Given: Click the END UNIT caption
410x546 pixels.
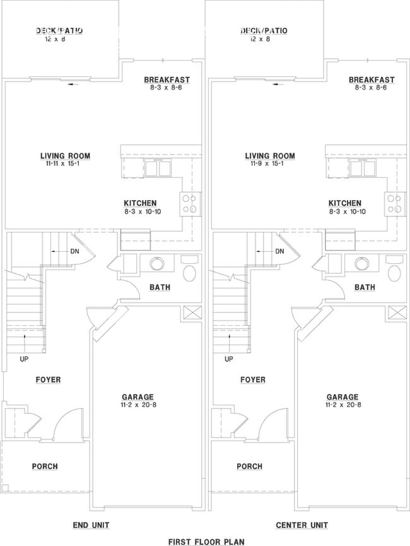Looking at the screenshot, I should click(92, 525).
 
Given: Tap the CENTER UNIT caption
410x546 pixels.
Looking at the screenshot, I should click(301, 525).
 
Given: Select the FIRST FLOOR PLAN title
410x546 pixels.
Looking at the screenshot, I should click(206, 542).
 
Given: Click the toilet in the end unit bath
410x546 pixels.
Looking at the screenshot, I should click(189, 272).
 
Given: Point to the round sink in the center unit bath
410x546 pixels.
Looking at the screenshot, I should click(362, 264).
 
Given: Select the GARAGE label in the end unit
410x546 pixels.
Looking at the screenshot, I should click(138, 397).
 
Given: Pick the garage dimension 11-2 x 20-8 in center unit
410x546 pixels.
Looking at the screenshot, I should click(343, 405).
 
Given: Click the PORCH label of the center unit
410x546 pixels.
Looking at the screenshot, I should click(249, 466).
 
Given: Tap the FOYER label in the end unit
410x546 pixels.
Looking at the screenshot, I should click(48, 380).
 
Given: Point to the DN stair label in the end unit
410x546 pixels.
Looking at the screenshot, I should click(74, 251).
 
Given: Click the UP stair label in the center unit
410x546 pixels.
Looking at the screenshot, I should click(229, 359).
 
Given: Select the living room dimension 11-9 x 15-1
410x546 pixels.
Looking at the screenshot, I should click(269, 164).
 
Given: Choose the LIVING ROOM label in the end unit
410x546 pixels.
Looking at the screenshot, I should click(65, 156).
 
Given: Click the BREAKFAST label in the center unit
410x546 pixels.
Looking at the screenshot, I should click(372, 80).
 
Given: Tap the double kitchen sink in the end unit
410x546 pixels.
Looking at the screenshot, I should click(158, 169).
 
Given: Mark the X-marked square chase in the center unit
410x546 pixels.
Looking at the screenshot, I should click(397, 312).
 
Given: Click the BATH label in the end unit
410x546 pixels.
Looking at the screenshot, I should click(160, 287).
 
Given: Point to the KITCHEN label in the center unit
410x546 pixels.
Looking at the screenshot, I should click(345, 203).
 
